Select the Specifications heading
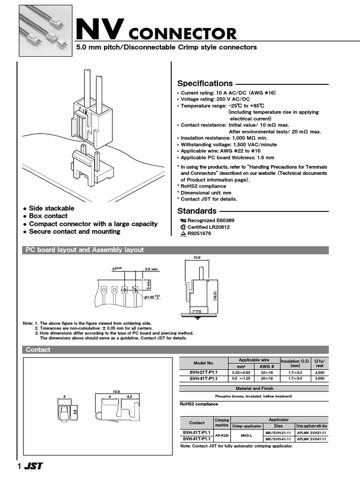pos(205,83)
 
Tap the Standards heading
pos(197,211)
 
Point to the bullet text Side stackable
pos(52,208)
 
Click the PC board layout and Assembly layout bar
pos(84,250)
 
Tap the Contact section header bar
pos(38,350)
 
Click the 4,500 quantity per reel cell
pos(319,372)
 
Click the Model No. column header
pos(204,363)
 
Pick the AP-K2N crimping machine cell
pos(221,435)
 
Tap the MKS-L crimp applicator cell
pos(247,435)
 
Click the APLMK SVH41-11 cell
pos(311,439)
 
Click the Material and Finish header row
pos(254,389)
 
